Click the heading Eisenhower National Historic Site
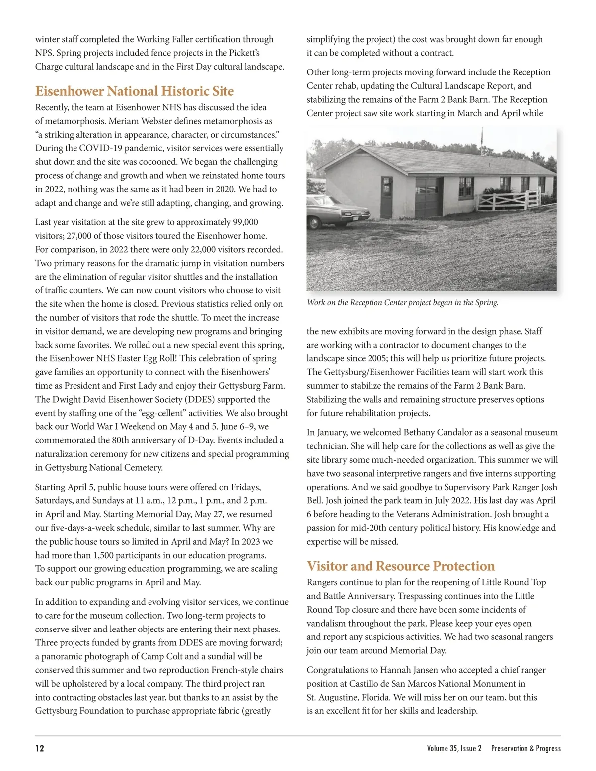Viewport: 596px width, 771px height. pyautogui.click(x=134, y=91)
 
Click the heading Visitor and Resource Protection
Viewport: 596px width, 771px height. pyautogui.click(x=400, y=566)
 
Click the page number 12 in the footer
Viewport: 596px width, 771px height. pyautogui.click(x=40, y=748)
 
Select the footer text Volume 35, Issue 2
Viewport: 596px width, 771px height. pyautogui.click(x=454, y=748)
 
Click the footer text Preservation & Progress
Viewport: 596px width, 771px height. pyautogui.click(x=525, y=748)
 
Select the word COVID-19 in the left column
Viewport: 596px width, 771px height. pyautogui.click(x=97, y=148)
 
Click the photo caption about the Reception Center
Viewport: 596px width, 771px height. pyautogui.click(x=402, y=302)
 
